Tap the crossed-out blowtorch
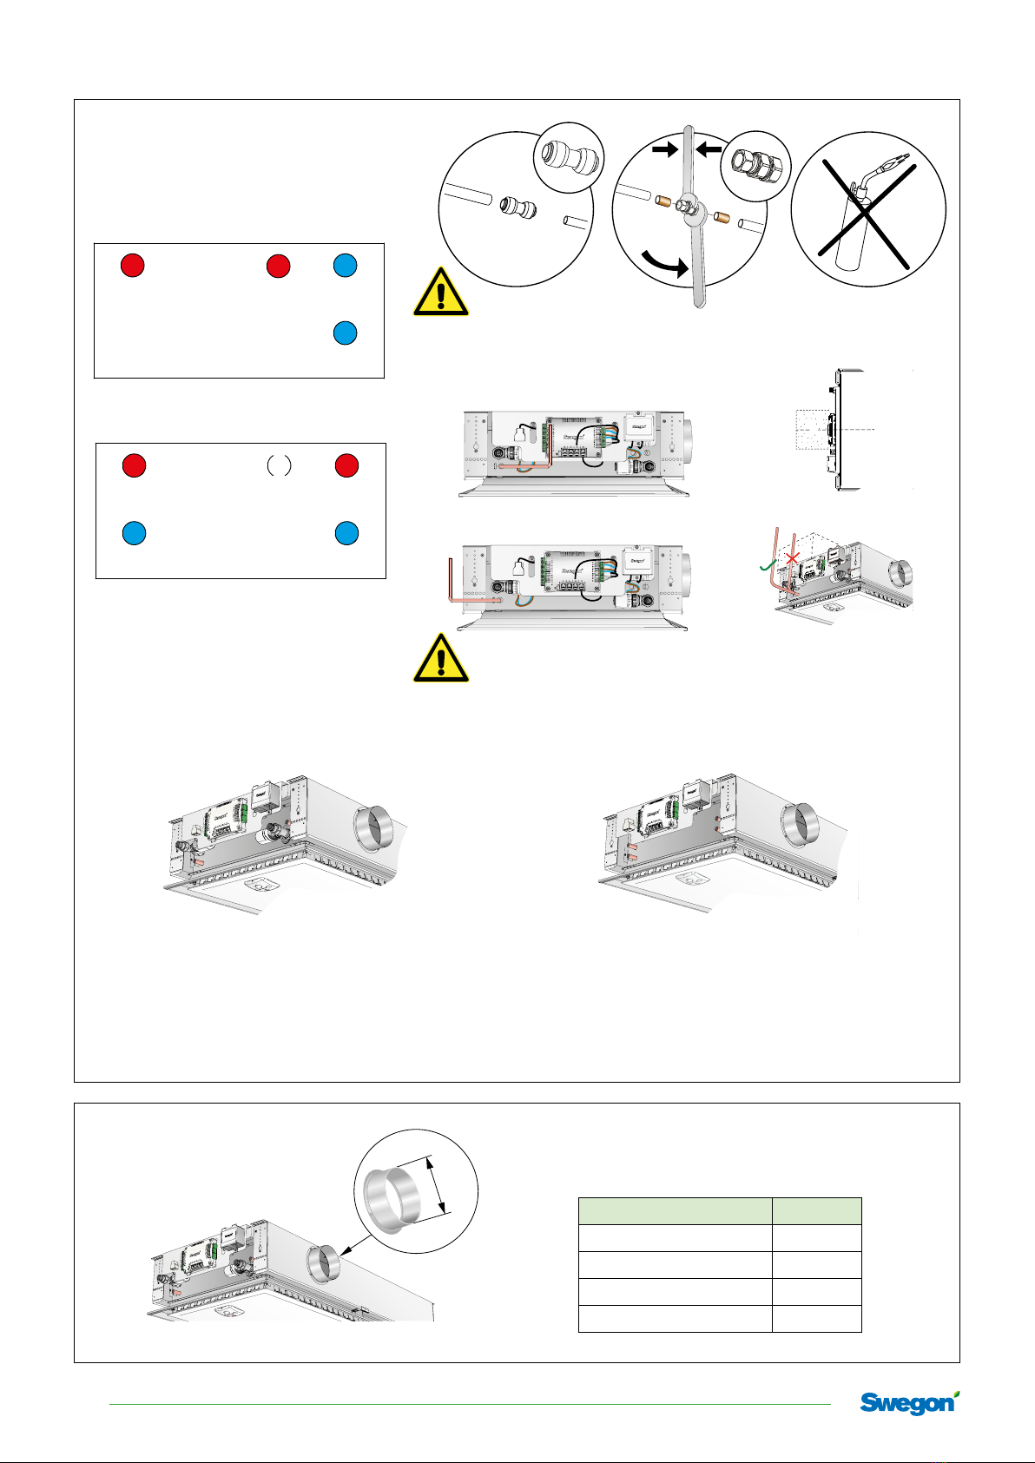click(x=868, y=209)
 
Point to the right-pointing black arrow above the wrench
click(x=664, y=150)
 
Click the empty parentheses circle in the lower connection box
click(x=278, y=466)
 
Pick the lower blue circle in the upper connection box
click(x=346, y=333)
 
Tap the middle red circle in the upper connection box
click(x=278, y=266)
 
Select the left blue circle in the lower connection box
click(x=133, y=533)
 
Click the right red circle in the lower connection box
click(x=347, y=466)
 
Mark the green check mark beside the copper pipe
click(x=766, y=565)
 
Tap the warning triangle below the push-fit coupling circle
click(x=441, y=293)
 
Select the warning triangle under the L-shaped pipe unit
click(x=441, y=658)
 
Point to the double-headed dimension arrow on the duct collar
click(x=438, y=1184)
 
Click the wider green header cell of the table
click(x=675, y=1210)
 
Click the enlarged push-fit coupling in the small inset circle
click(x=567, y=159)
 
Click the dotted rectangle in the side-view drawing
click(x=814, y=431)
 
